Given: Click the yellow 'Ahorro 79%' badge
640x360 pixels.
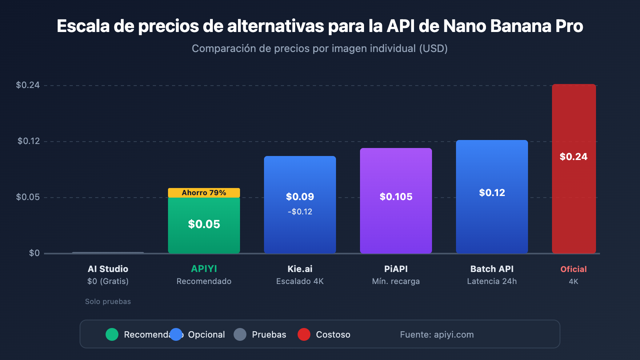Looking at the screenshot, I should click(204, 193).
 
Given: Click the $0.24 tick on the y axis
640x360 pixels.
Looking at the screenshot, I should click(28, 85).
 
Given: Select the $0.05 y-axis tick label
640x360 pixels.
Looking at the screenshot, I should click(28, 197).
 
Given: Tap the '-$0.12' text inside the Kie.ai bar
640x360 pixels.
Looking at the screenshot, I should click(300, 212).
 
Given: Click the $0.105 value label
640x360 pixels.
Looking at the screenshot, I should click(396, 197).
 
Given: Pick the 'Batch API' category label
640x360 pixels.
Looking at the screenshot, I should click(492, 269).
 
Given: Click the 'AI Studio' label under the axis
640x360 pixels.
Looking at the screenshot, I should click(108, 269).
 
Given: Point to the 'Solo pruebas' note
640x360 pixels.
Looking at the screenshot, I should click(108, 302).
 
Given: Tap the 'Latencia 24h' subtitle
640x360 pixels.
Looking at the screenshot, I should click(492, 281).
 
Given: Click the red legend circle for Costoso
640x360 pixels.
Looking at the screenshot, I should click(304, 334).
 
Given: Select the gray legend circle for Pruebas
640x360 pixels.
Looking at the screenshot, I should click(240, 334).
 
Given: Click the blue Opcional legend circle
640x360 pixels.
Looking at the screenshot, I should click(176, 334).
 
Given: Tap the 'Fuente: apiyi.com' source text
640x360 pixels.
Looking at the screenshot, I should click(437, 334).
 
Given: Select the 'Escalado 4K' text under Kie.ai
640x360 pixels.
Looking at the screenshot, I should click(300, 281).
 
